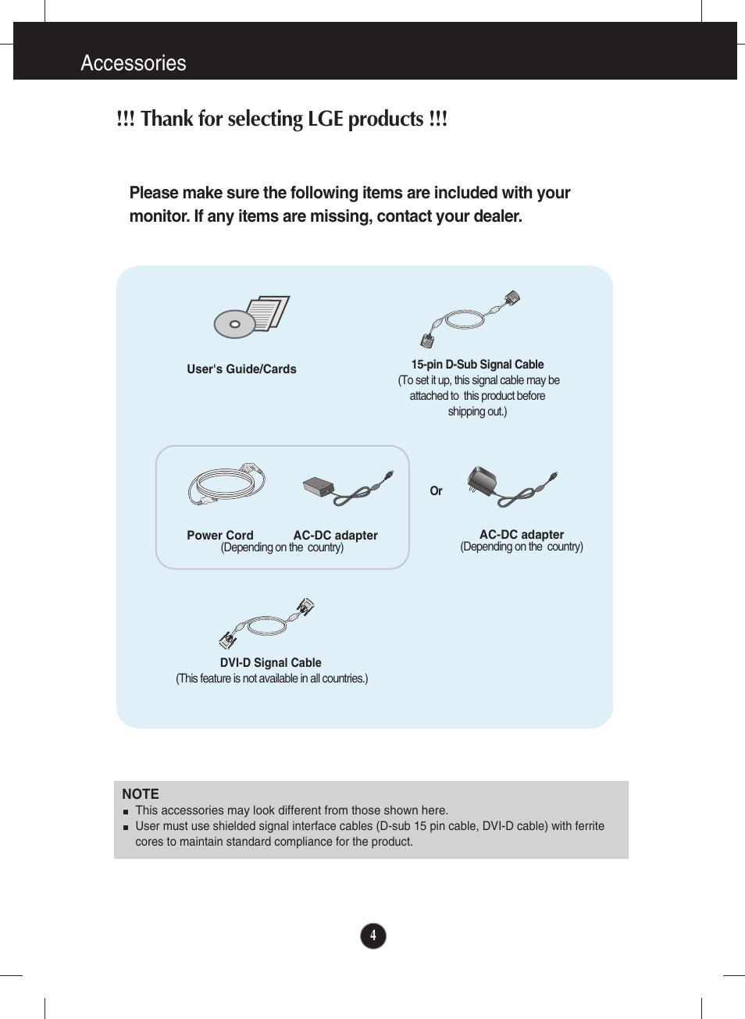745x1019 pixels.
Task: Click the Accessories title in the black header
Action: tap(134, 63)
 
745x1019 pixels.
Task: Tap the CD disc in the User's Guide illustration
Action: tap(234, 324)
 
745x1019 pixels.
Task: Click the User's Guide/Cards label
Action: tap(241, 369)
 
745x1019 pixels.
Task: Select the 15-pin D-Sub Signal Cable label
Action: tap(477, 365)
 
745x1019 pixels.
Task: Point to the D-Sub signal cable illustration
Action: tap(469, 319)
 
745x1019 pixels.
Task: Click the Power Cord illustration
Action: tap(226, 484)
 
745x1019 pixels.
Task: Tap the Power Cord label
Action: tap(220, 536)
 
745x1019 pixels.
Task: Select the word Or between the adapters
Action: tap(436, 491)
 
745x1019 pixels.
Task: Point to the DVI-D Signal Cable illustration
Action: tap(266, 624)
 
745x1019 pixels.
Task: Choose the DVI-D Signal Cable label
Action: tap(270, 663)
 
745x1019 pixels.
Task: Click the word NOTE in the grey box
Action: tap(141, 794)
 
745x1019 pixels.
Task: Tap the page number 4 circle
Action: tap(373, 935)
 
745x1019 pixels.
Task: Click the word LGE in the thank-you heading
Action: tap(325, 119)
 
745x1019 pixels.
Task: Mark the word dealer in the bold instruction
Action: tap(496, 216)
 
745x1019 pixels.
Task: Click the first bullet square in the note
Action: tap(126, 812)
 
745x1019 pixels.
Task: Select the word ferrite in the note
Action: tap(590, 826)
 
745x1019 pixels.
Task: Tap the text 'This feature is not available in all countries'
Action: tap(272, 679)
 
